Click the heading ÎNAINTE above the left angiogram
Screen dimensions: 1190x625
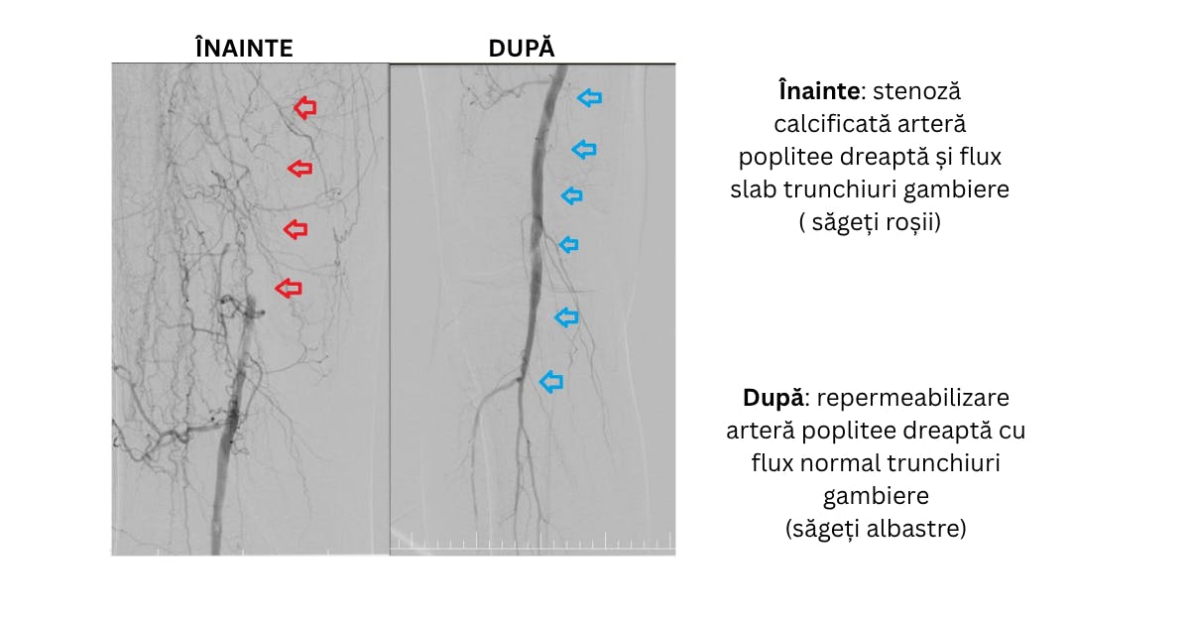244,48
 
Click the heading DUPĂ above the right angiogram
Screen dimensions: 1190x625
522,48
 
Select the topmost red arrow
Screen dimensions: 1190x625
305,108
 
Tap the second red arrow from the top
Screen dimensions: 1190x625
299,169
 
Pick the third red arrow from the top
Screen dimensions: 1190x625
296,229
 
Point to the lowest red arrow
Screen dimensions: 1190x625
289,288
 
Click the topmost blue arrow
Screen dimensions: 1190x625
590,98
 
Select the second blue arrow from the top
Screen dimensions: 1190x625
584,150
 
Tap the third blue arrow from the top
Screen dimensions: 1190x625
572,195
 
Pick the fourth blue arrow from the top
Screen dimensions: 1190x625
568,245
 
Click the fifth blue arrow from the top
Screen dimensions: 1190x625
566,317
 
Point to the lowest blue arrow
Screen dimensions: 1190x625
551,382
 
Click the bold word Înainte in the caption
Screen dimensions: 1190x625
819,91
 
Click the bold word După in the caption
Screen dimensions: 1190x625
773,398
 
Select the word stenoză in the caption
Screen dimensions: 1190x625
917,91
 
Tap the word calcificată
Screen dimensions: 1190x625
825,124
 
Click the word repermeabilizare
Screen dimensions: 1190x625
913,399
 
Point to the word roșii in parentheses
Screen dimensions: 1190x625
912,222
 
